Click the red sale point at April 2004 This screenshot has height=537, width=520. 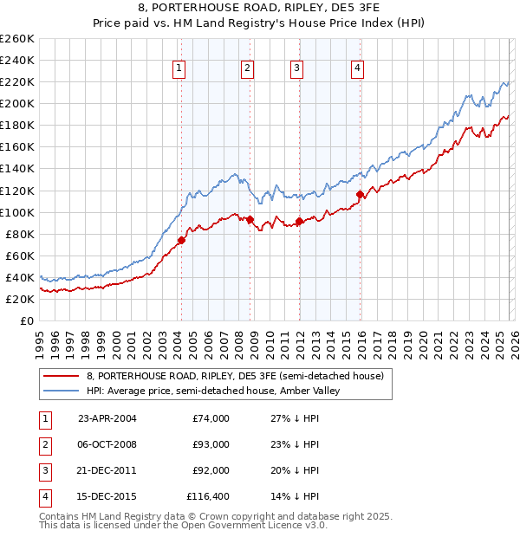(181, 240)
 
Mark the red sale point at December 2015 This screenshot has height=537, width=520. (360, 194)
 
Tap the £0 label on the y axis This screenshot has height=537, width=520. (26, 320)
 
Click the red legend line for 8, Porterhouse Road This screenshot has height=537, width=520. (61, 376)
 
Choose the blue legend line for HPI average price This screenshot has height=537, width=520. (61, 391)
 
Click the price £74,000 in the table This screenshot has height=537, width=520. (211, 418)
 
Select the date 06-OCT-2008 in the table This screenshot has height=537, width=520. (107, 444)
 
